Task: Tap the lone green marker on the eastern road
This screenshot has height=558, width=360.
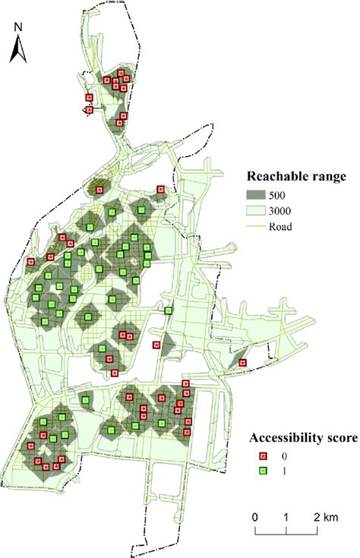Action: click(x=169, y=310)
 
